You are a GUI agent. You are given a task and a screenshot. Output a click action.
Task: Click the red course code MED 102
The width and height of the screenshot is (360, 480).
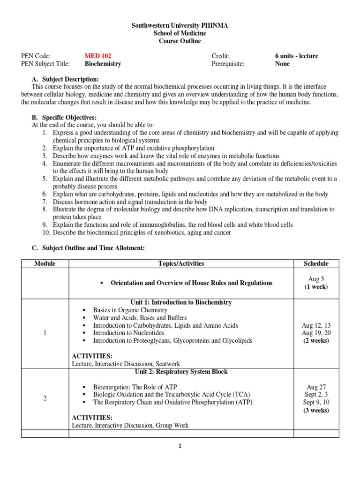(x=97, y=56)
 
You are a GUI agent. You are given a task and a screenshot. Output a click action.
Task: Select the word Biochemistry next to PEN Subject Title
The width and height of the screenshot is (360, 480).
(x=103, y=64)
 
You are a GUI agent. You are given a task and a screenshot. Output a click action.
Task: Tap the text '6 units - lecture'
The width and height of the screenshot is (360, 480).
(x=296, y=56)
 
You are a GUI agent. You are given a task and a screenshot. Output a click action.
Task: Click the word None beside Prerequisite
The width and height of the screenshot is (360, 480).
(x=282, y=64)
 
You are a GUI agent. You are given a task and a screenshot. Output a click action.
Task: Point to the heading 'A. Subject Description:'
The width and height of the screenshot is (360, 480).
(x=65, y=79)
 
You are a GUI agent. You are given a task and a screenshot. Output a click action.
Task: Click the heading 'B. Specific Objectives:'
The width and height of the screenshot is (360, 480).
(x=64, y=118)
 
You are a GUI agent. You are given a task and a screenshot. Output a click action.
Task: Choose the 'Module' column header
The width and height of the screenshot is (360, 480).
(x=45, y=263)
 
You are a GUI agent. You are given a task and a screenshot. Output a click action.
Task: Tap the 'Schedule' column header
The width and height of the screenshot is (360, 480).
(x=316, y=263)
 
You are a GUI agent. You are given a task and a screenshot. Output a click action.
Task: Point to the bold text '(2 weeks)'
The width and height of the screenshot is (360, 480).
(x=316, y=341)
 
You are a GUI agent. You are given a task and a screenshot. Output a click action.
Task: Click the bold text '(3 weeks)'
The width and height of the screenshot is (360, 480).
(x=316, y=410)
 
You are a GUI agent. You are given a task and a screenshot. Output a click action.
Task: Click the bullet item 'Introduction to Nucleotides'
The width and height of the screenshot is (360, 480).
(x=129, y=333)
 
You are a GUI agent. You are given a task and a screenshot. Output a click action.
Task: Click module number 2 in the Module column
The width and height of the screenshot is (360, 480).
(x=45, y=398)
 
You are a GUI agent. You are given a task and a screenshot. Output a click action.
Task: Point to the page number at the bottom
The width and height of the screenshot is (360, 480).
(x=180, y=446)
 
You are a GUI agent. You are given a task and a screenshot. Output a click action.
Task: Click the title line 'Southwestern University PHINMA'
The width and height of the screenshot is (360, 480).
(x=180, y=26)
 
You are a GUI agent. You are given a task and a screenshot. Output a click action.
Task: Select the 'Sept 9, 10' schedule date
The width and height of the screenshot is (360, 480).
(x=316, y=402)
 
